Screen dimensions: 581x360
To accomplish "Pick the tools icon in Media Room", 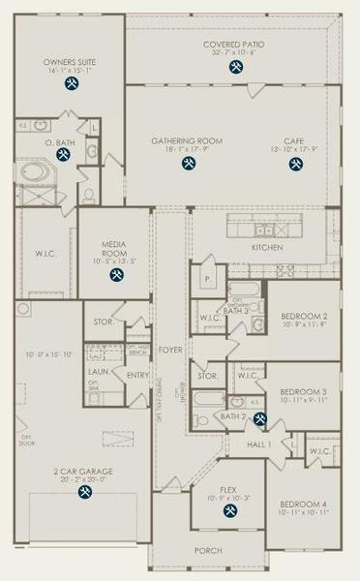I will pos(117,276).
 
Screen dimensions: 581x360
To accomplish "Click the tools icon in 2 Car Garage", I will pos(84,492).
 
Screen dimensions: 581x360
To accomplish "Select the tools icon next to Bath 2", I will pos(259,419).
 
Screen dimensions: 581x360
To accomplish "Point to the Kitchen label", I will pos(267,248).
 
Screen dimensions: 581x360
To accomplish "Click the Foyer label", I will pos(171,350).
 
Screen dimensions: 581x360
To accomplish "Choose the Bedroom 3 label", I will pos(305,391).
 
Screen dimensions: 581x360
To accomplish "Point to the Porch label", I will pos(207,550).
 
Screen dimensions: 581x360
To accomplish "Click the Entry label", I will pos(137,376).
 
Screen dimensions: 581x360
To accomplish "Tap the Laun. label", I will pos(97,371).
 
